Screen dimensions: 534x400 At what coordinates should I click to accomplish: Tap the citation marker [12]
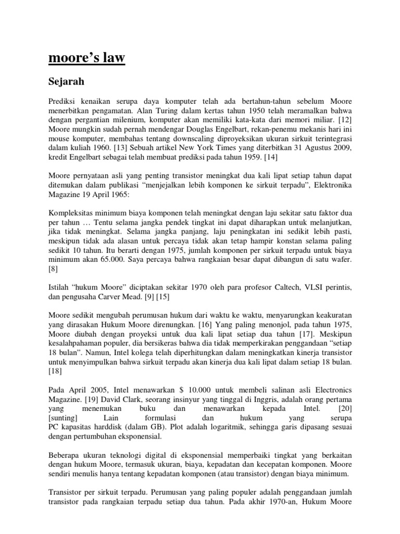click(343, 121)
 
